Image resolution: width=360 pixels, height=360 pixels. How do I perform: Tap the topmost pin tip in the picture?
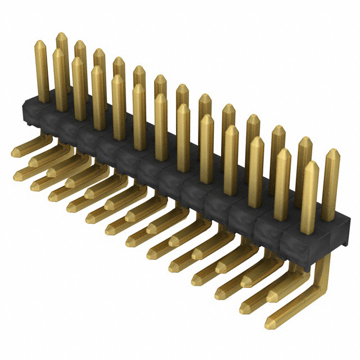coord(62,36)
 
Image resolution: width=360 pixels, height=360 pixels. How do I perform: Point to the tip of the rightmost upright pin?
coord(332,153)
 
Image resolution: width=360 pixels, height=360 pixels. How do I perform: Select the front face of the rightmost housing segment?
coord(306,236)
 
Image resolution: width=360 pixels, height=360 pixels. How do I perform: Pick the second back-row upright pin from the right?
coord(304,163)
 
